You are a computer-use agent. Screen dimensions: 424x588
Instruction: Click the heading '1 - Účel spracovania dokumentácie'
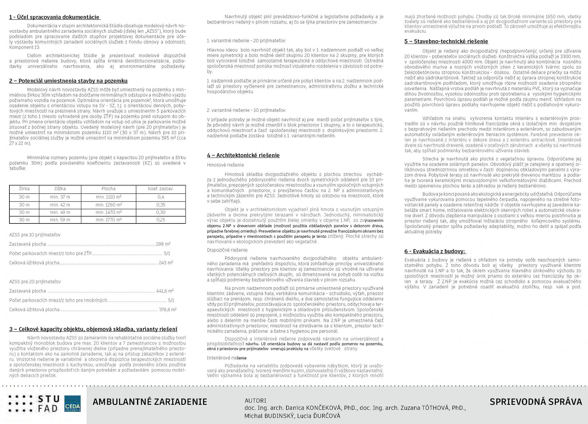(x=54, y=17)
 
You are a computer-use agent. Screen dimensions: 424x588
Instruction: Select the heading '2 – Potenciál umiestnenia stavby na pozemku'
(x=68, y=81)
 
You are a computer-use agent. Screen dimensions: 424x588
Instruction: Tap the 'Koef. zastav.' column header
(x=161, y=189)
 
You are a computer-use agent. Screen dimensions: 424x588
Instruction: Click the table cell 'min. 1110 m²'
(x=108, y=197)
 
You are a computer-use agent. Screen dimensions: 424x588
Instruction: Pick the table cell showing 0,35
(x=161, y=205)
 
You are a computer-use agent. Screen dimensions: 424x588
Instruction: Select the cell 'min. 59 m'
(x=60, y=220)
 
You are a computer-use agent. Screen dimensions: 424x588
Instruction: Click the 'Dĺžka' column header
(x=60, y=189)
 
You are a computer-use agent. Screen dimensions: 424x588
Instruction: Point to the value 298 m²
(x=163, y=244)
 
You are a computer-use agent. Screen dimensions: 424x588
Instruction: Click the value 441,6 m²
(x=165, y=291)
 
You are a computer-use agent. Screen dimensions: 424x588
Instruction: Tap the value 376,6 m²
(x=167, y=310)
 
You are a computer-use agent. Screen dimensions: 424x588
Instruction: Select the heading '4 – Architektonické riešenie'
(x=243, y=155)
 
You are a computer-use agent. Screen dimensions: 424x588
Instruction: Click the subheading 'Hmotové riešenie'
(x=225, y=165)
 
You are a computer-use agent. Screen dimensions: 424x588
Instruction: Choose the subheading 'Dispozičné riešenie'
(x=227, y=250)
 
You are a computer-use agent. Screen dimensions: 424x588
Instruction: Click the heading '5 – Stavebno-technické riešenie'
(x=446, y=41)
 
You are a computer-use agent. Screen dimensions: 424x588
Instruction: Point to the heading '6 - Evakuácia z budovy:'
(x=435, y=251)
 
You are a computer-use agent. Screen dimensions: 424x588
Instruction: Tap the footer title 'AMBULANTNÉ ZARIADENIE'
(x=150, y=402)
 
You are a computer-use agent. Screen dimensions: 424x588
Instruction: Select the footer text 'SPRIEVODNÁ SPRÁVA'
(x=536, y=402)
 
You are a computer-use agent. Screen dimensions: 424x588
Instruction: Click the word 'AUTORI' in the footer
(x=255, y=401)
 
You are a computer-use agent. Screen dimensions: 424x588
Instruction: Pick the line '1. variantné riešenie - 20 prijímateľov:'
(x=246, y=41)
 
